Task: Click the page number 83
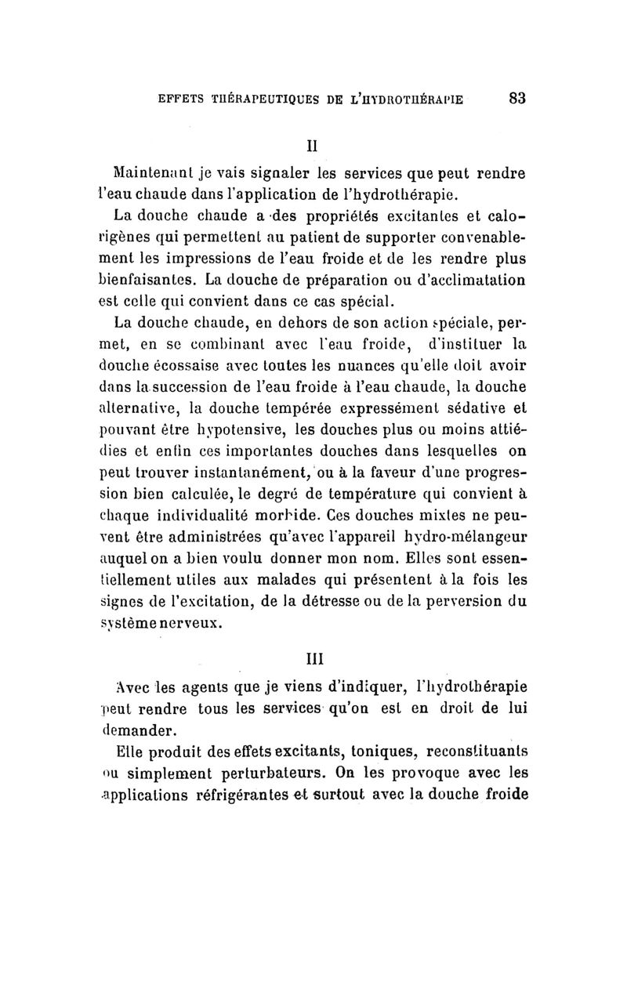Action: point(516,98)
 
